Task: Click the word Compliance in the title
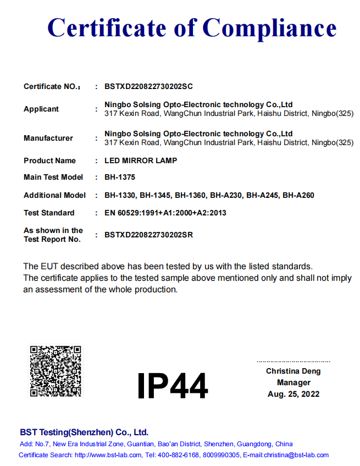coord(269,27)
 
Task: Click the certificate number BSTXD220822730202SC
coord(148,87)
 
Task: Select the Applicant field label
coord(41,109)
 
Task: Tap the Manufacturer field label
coord(48,138)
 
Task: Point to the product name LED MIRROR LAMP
coord(141,161)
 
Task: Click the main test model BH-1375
coord(120,177)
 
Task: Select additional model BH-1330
coord(120,196)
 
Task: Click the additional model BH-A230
coord(226,196)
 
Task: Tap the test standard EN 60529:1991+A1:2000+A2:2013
coord(165,213)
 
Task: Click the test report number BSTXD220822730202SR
coord(148,235)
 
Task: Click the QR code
coord(56,371)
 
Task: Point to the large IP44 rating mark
coord(172,386)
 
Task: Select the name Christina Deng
coord(293,371)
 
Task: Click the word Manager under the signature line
coord(293,383)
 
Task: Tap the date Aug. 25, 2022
coord(293,394)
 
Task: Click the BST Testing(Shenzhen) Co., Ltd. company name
coord(84,432)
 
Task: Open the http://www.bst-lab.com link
coord(108,455)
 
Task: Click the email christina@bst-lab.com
coord(296,455)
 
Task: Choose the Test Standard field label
coord(49,213)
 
